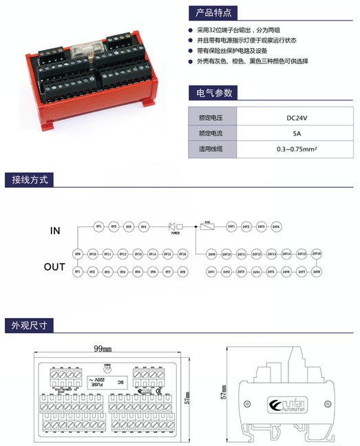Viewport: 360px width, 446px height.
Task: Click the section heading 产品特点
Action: (213, 12)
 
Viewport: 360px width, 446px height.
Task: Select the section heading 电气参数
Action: (213, 92)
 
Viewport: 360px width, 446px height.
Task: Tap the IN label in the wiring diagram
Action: (55, 231)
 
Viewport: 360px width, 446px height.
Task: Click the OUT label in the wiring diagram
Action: (55, 266)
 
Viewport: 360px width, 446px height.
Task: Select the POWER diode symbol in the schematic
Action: (174, 226)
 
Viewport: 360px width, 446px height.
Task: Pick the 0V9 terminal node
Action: (78, 254)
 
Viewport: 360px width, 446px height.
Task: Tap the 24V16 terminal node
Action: (317, 254)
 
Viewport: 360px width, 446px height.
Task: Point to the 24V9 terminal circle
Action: (211, 254)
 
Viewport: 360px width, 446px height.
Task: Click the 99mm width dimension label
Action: (102, 349)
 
